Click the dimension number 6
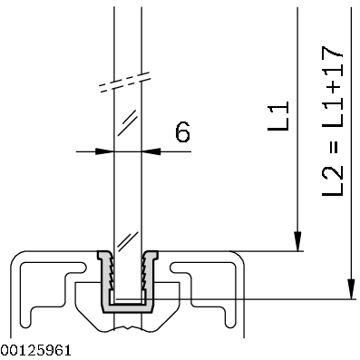(182, 132)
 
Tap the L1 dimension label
(278, 116)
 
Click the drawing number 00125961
(36, 350)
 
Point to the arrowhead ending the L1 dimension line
(297, 241)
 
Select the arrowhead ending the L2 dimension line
(351, 289)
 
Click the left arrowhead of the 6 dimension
(105, 151)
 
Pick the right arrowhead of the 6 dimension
(151, 151)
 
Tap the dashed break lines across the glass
(125, 82)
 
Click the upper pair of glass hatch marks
(128, 123)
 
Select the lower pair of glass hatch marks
(128, 241)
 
